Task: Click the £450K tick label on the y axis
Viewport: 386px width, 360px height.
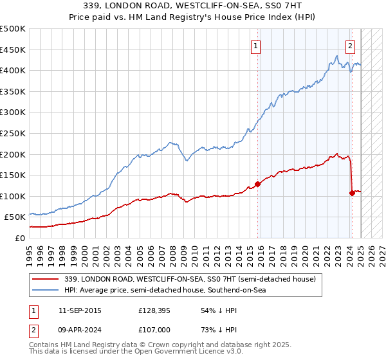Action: click(13, 50)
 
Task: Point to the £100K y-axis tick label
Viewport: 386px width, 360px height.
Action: click(13, 196)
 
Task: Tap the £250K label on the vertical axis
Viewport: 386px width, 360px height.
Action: click(13, 133)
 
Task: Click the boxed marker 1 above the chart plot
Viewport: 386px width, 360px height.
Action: click(256, 46)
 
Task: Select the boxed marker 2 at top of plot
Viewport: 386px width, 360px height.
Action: click(350, 46)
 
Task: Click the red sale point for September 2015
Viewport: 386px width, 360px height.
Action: click(257, 184)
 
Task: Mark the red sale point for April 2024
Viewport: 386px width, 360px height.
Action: click(352, 193)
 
